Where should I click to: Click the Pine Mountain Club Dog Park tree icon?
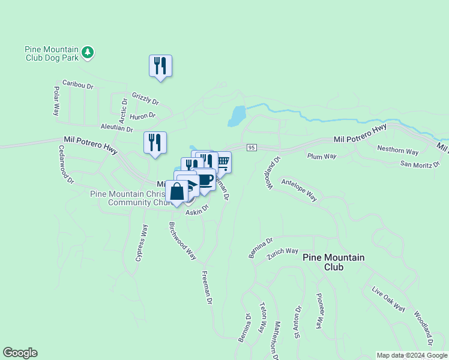[x=88, y=52]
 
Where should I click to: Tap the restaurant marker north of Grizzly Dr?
[x=160, y=65]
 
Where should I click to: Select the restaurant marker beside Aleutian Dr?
[x=155, y=143]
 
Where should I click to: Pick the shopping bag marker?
[x=177, y=192]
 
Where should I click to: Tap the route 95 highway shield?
[x=252, y=148]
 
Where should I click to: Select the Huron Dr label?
[x=143, y=115]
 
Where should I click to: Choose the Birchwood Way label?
[x=182, y=241]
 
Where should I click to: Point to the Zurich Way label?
[x=283, y=251]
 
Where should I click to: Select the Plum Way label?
[x=322, y=157]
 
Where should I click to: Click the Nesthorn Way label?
[x=397, y=150]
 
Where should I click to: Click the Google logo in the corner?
[x=20, y=353]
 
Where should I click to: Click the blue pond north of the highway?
[x=237, y=115]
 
